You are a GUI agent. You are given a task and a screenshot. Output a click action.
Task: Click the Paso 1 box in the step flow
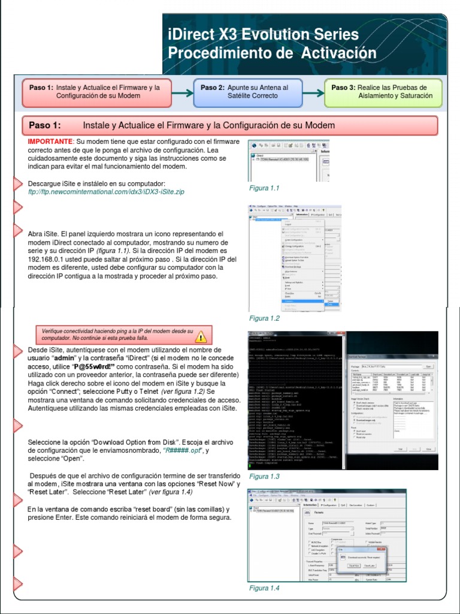point(96,92)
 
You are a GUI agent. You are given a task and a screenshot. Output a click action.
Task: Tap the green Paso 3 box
point(383,92)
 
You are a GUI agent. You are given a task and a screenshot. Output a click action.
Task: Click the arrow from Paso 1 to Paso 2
point(182,92)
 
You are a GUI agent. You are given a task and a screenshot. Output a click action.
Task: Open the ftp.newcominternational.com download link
point(106,192)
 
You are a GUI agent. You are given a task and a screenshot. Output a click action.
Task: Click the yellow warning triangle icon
point(201,336)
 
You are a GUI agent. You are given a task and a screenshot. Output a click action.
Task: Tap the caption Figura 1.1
point(264,188)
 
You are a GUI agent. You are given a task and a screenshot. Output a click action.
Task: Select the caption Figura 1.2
point(264,318)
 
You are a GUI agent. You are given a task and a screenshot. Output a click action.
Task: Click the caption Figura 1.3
point(264,476)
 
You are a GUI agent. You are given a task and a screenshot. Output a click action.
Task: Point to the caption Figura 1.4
point(264,588)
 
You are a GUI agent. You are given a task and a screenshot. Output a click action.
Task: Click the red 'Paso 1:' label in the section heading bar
point(45,125)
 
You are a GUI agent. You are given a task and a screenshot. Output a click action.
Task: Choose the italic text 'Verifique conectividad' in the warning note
point(71,331)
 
